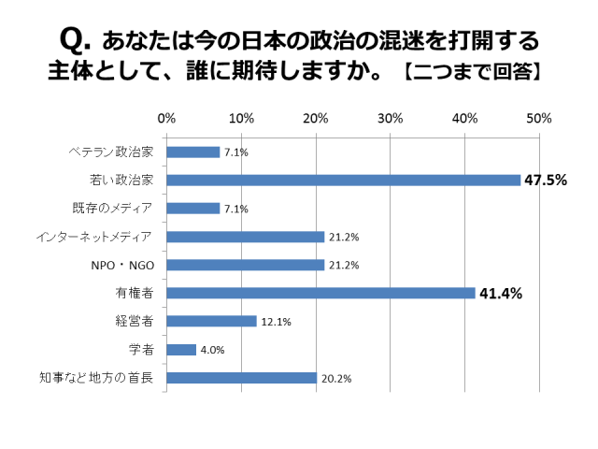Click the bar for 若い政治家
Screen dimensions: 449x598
pos(343,181)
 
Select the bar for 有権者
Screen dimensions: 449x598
pos(320,293)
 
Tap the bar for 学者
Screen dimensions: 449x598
pos(181,350)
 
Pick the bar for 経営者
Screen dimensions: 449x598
pos(211,321)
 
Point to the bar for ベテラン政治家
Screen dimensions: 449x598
pos(192,152)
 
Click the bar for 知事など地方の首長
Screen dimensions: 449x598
pos(241,378)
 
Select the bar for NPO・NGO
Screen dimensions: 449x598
pos(245,265)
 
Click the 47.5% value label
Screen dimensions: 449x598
pos(545,181)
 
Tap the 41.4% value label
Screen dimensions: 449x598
pos(500,294)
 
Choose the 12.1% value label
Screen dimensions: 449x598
pos(277,322)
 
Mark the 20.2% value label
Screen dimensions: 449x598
pos(337,379)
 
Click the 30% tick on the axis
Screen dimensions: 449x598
pos(390,119)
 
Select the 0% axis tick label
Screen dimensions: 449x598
pos(166,119)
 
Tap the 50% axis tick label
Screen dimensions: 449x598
pos(539,119)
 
